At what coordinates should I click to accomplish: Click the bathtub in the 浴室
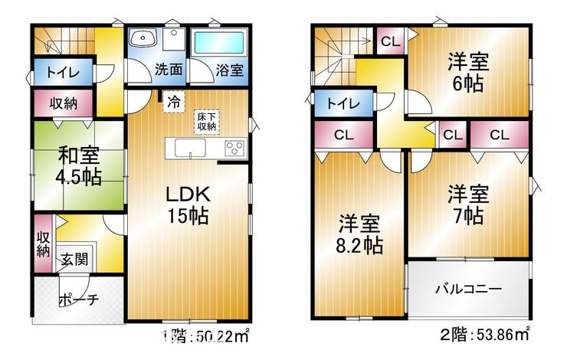(x=219, y=43)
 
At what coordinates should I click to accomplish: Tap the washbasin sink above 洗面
(x=143, y=38)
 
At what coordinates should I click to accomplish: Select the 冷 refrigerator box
(x=174, y=102)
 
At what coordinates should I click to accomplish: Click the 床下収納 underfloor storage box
(x=206, y=122)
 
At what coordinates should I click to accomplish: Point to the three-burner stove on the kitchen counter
(x=234, y=148)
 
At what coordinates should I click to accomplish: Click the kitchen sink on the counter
(x=190, y=148)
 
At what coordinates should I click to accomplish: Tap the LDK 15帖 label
(x=188, y=205)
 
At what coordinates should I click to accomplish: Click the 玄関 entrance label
(x=74, y=259)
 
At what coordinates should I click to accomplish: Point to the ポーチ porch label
(x=78, y=299)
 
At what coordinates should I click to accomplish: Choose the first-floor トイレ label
(x=63, y=72)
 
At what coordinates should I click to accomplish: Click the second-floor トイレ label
(x=343, y=103)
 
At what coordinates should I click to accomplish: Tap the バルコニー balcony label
(x=468, y=290)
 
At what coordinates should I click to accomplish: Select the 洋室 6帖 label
(x=468, y=72)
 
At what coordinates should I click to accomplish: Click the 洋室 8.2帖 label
(x=359, y=234)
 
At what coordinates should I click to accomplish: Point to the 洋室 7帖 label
(x=468, y=205)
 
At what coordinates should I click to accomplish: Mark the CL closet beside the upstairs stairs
(x=391, y=41)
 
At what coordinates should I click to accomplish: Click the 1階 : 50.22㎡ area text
(x=205, y=335)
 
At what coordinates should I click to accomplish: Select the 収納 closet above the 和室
(x=64, y=103)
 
